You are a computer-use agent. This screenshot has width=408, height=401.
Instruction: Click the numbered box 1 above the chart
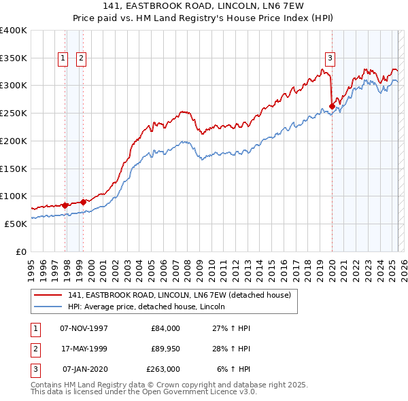(x=63, y=59)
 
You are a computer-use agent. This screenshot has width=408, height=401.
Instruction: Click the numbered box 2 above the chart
(x=81, y=59)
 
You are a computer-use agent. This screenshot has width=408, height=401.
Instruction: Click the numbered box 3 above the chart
(x=330, y=59)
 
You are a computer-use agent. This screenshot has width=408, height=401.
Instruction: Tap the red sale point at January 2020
(x=332, y=106)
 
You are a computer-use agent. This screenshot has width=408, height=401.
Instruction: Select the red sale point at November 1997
(x=65, y=205)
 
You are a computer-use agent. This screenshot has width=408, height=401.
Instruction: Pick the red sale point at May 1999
(x=83, y=201)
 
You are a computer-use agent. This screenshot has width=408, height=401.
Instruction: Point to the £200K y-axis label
(x=13, y=141)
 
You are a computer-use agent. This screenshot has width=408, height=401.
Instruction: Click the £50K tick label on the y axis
(x=16, y=224)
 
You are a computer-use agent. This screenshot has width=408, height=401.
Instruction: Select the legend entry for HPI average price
(x=151, y=307)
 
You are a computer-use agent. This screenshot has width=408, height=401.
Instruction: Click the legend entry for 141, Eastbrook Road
(x=180, y=295)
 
